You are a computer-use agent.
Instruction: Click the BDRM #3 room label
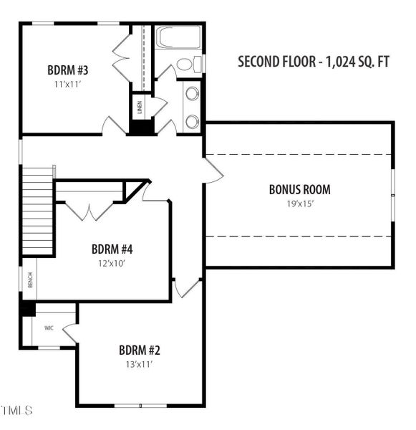point(67,70)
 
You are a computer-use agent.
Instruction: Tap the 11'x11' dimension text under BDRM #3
point(67,84)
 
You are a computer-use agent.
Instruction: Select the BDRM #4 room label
point(112,249)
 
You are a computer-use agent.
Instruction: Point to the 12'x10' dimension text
point(112,263)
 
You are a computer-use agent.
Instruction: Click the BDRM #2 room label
point(140,350)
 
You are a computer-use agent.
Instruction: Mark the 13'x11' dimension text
point(140,364)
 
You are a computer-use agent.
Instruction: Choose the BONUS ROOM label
point(299,190)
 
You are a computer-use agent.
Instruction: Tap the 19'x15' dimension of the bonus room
point(299,204)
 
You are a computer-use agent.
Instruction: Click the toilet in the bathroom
point(188,64)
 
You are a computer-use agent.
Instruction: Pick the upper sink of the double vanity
point(192,93)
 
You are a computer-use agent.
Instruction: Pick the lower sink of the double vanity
point(192,121)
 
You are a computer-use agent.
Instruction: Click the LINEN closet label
point(140,107)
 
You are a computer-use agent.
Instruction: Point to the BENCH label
point(30,281)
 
